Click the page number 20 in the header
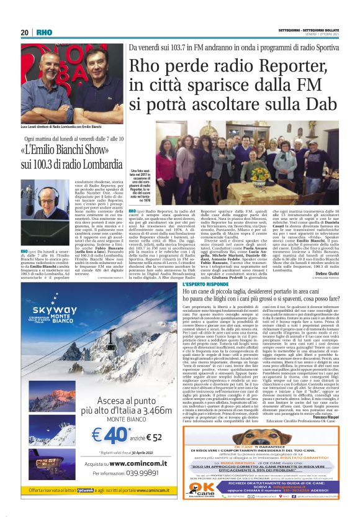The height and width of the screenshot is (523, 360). [25, 32]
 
